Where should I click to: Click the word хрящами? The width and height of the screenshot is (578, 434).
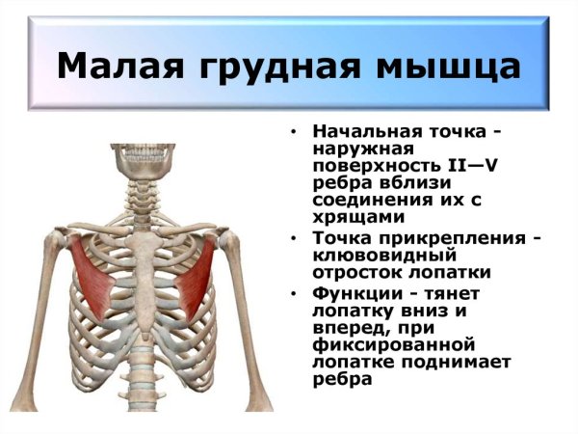pyautogui.click(x=353, y=218)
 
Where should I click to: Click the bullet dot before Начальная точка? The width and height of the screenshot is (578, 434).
pyautogui.click(x=294, y=132)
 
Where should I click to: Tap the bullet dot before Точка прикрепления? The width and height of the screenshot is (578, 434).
pyautogui.click(x=294, y=238)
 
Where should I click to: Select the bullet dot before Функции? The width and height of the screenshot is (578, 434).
pyautogui.click(x=294, y=293)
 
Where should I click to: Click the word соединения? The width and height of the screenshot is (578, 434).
pyautogui.click(x=366, y=201)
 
